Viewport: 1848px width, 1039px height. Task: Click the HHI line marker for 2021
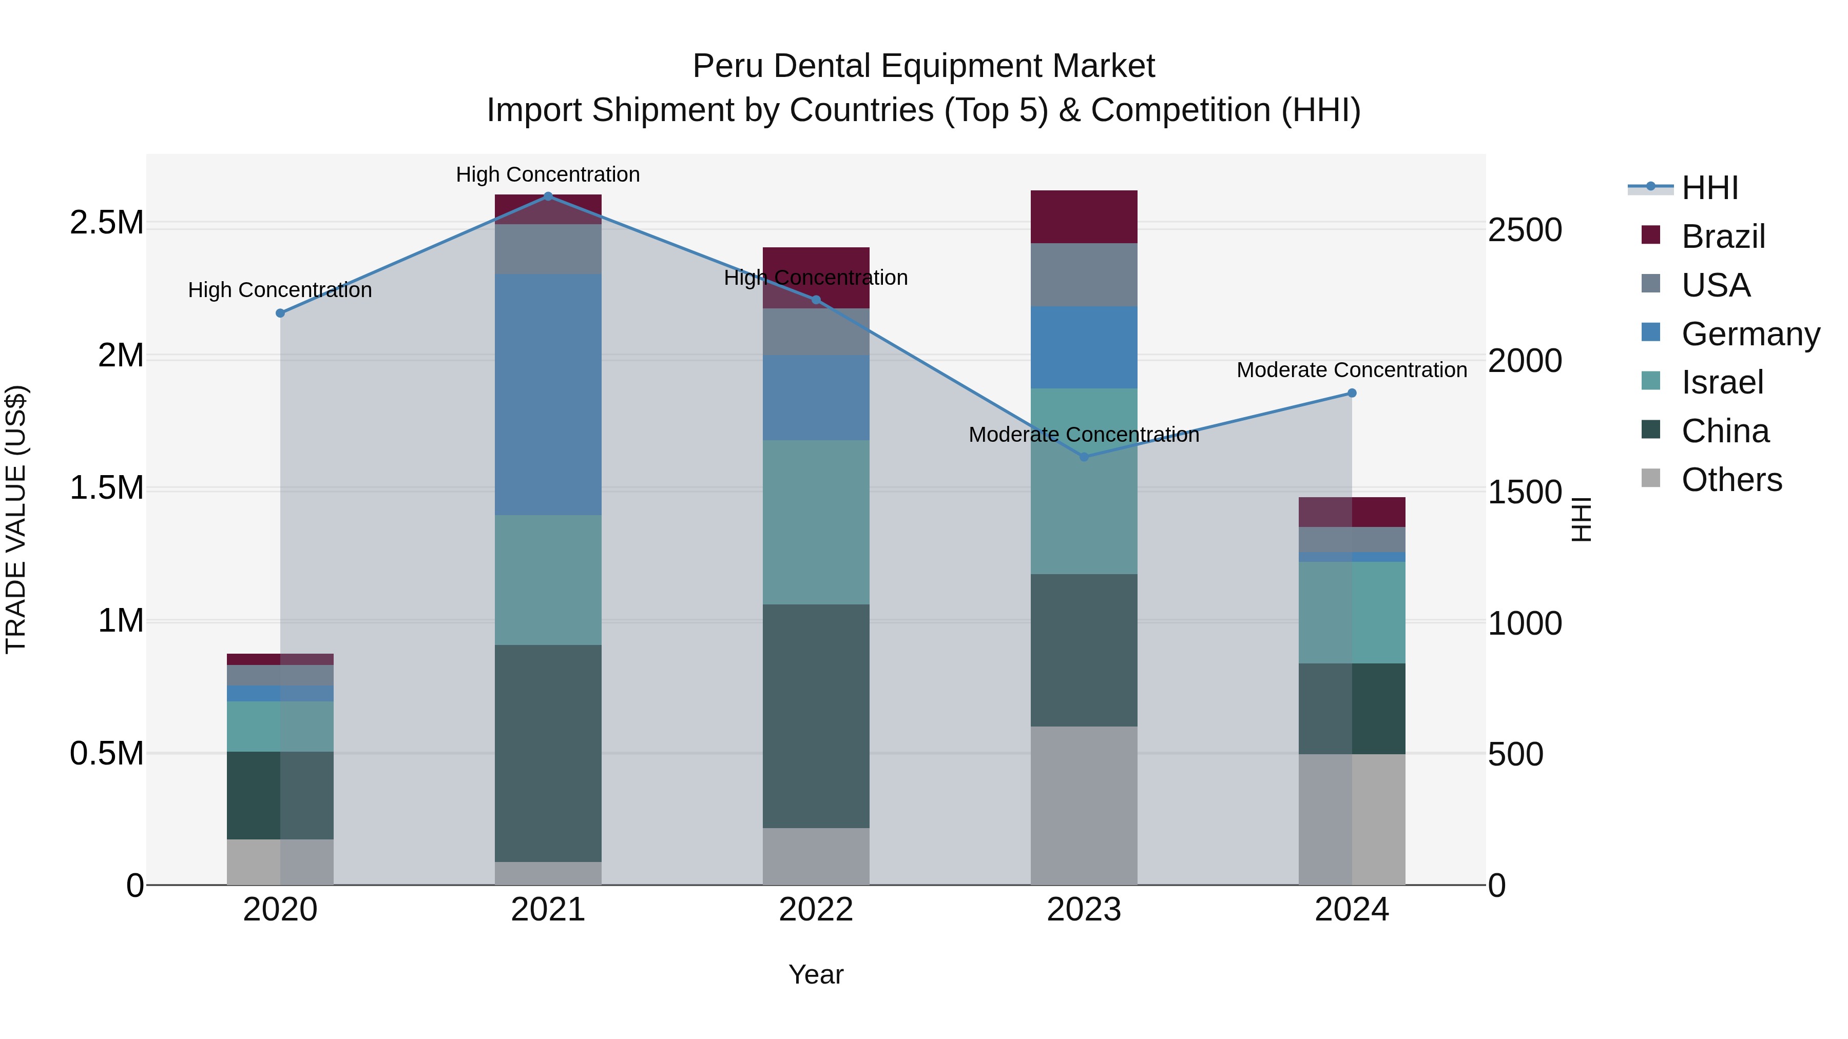click(548, 196)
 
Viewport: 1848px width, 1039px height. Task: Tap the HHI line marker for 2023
click(1084, 457)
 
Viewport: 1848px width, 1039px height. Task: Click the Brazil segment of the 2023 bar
click(1084, 217)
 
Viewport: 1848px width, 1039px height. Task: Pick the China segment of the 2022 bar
click(816, 716)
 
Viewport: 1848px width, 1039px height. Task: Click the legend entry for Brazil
click(1722, 237)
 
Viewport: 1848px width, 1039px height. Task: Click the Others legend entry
click(1730, 480)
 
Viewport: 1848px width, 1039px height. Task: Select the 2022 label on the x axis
click(816, 910)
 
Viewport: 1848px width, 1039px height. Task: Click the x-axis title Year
click(816, 974)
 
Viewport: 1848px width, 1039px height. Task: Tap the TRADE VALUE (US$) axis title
click(16, 519)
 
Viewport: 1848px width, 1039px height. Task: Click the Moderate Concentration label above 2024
click(1352, 370)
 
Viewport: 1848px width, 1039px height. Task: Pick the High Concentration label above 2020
click(280, 290)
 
